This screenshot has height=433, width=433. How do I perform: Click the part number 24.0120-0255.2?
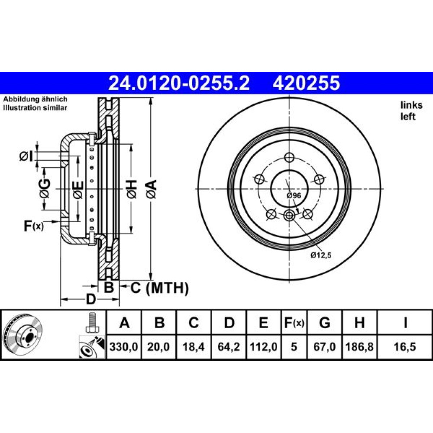point(179,83)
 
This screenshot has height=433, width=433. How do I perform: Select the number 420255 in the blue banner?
point(306,83)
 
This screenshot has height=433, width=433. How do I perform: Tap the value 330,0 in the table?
point(124,346)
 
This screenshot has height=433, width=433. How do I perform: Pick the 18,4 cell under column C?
point(194,346)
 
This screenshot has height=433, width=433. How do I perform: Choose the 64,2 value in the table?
point(229,346)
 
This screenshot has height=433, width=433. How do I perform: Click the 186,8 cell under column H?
point(359,346)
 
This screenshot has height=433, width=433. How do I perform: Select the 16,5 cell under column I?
point(405,346)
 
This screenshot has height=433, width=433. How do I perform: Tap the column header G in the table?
point(324,323)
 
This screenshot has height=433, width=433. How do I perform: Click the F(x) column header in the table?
point(294,323)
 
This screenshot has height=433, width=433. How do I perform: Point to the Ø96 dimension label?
point(294,196)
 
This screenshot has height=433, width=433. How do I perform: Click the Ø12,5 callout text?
point(321,255)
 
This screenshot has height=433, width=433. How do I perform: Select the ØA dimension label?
point(152,189)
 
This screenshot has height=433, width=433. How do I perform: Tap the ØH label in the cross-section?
point(132,189)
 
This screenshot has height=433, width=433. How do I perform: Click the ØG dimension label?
point(45,188)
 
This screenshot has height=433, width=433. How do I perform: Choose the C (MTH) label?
point(160,288)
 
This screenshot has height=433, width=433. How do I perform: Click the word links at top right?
point(411,105)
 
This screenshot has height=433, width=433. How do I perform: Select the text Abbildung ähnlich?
point(36,99)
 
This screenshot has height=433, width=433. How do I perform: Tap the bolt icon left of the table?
point(92,323)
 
